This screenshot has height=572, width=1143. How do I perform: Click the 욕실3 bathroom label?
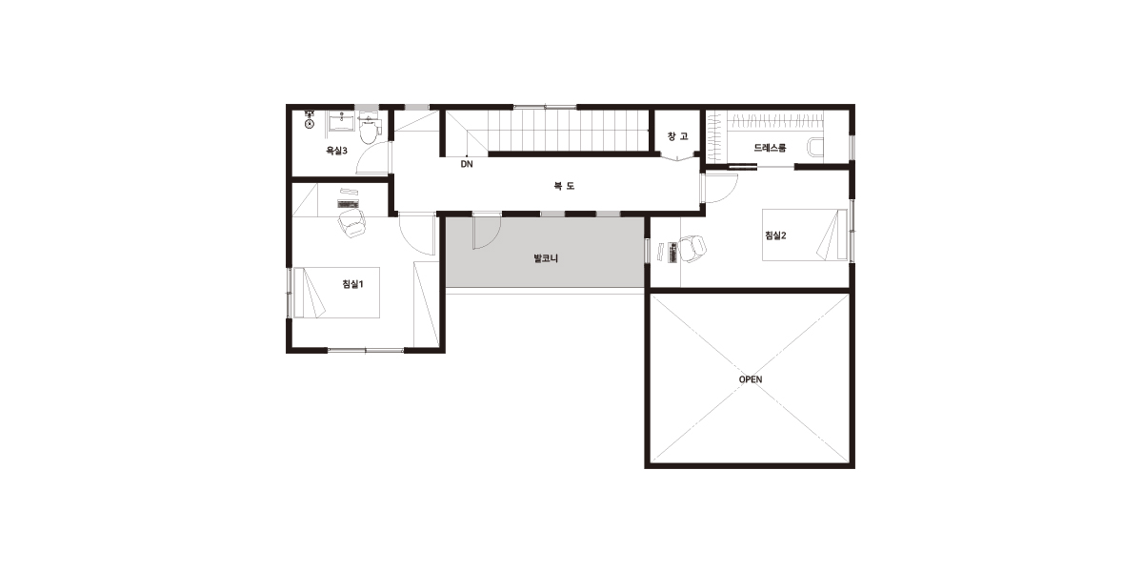337,151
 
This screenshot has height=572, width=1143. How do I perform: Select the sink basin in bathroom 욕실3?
341,123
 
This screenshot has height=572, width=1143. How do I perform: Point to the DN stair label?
467,164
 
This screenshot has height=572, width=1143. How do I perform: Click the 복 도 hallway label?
564,186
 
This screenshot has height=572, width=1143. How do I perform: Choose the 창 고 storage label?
677,136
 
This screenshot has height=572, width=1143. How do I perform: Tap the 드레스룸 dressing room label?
770,148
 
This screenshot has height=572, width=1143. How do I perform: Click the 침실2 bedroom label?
775,235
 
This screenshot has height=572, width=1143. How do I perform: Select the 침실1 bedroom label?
352,284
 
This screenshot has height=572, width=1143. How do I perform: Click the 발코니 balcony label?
546,258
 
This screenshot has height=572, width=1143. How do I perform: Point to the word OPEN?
751,379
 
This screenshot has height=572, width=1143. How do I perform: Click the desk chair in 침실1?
351,223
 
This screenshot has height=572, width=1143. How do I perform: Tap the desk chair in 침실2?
692,249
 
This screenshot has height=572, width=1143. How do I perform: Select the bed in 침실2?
805,235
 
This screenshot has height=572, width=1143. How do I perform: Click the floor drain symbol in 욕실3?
310,124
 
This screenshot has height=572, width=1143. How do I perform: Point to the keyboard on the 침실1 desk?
348,204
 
